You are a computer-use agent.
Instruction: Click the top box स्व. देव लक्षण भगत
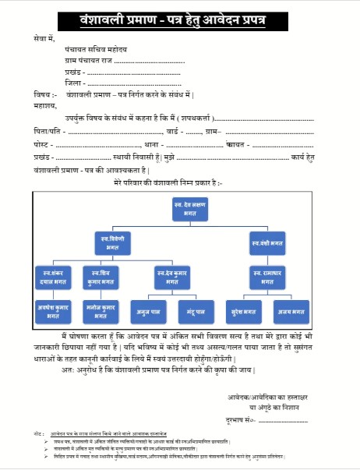(188, 208)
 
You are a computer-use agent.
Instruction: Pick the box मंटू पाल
(195, 310)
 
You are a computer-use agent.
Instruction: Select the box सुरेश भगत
(245, 310)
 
